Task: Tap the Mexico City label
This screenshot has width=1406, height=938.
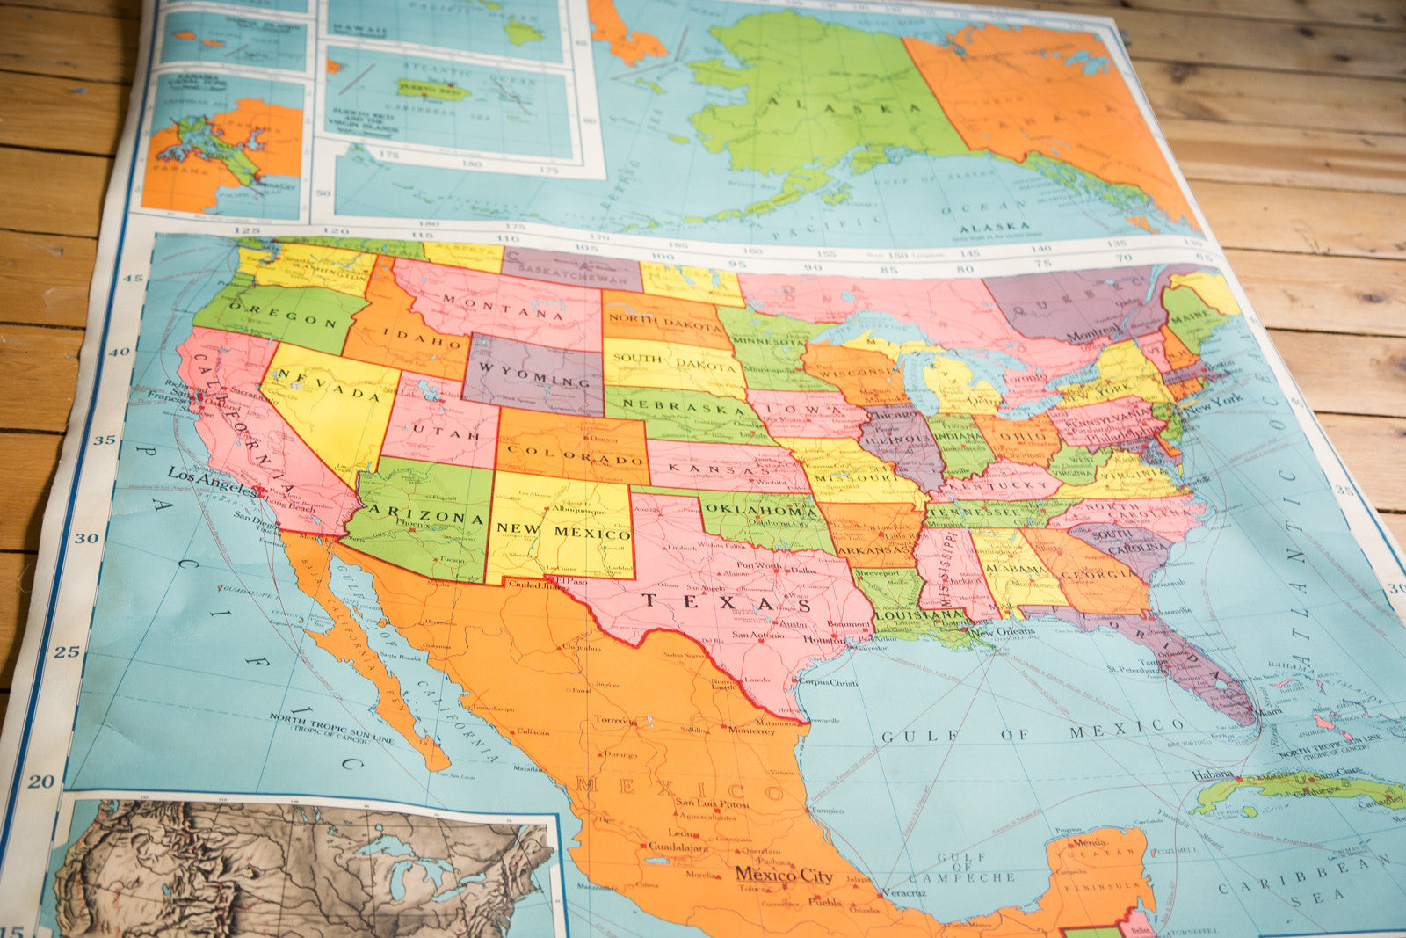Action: [x=784, y=875]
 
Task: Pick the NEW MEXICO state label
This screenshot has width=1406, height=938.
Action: [x=563, y=531]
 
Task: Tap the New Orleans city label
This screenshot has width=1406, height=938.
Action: [x=1003, y=632]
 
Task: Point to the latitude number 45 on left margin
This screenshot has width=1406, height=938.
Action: [x=133, y=279]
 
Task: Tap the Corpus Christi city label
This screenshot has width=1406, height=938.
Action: [x=828, y=681]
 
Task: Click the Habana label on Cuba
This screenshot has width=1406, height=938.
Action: [x=1213, y=774]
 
